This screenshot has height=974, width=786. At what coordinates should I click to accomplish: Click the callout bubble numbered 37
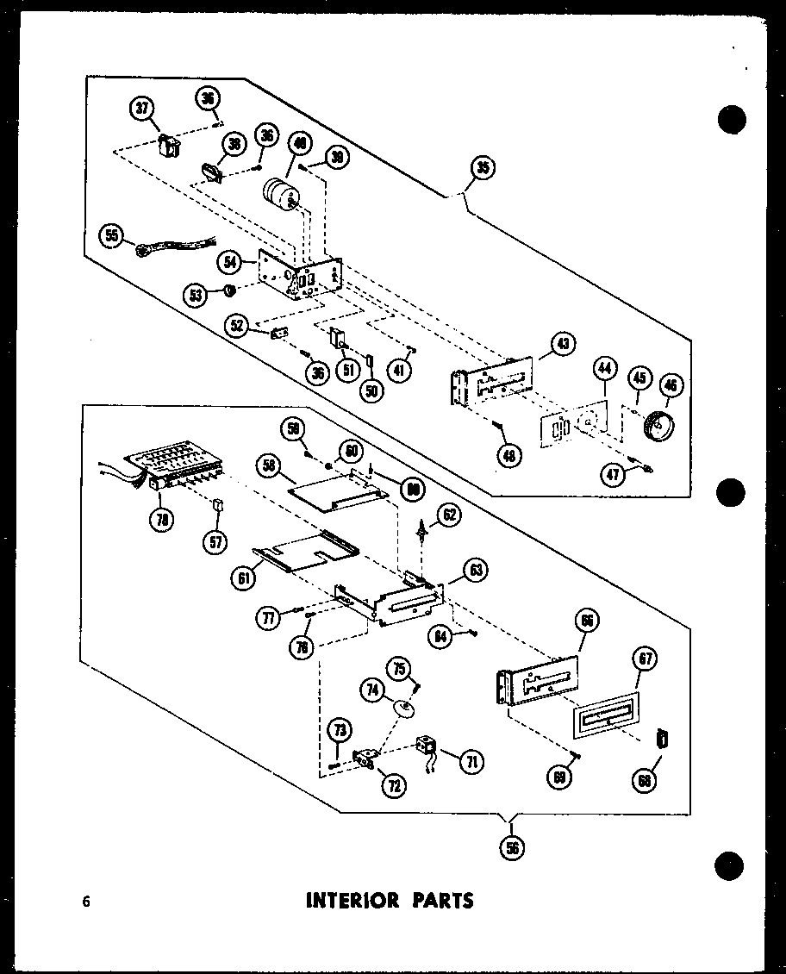(142, 109)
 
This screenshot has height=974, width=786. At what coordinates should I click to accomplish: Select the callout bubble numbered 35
(483, 169)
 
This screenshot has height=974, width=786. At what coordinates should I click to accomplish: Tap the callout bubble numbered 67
(646, 661)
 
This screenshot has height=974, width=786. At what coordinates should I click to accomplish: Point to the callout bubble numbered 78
(159, 519)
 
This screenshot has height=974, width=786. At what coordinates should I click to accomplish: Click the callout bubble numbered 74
(372, 690)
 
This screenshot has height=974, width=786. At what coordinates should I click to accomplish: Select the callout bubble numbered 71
(471, 761)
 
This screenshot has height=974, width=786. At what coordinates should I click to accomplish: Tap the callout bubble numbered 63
(474, 569)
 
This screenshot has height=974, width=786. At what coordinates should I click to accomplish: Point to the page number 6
(86, 902)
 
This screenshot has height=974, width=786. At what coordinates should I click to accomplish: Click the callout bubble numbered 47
(614, 474)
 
